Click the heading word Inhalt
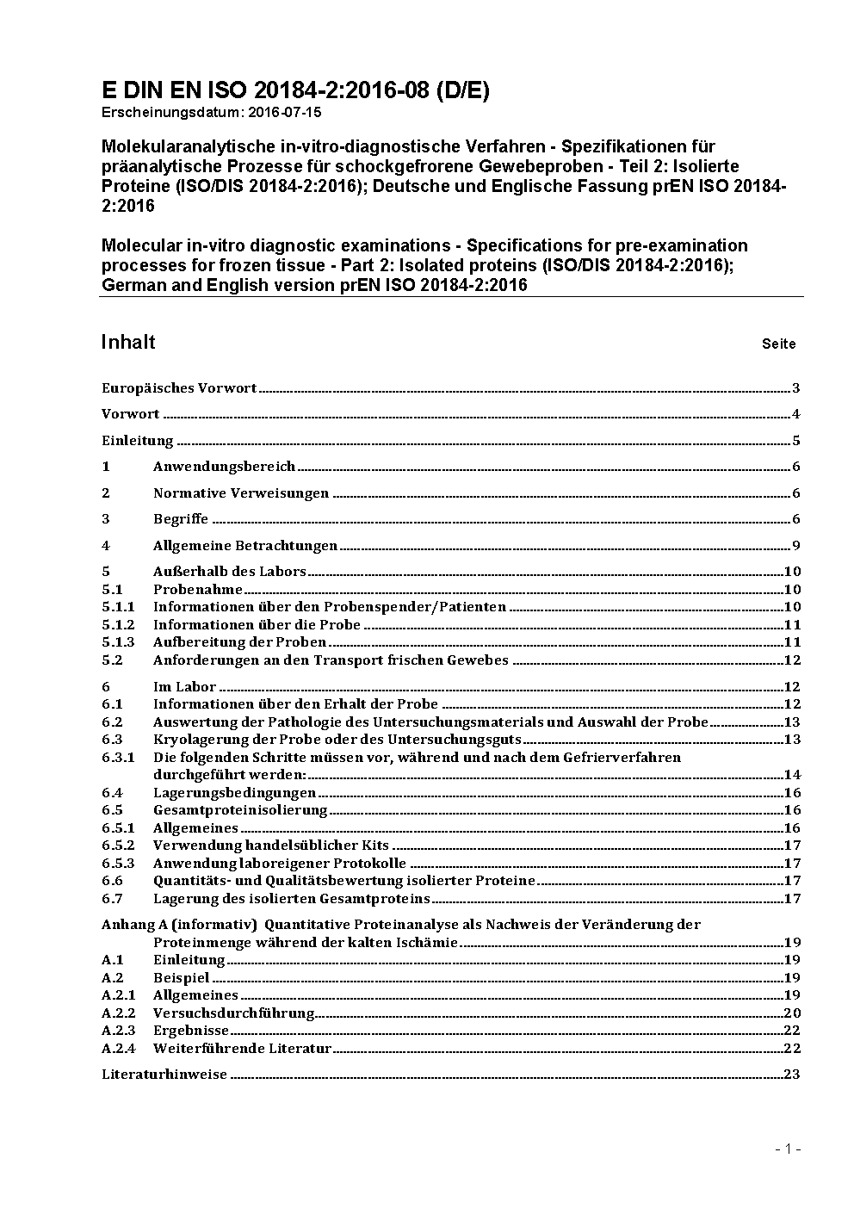click(128, 342)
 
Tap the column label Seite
click(778, 344)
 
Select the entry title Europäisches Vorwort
click(179, 388)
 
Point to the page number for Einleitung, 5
click(796, 441)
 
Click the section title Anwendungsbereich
click(224, 467)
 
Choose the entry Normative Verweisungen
click(241, 493)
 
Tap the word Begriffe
click(181, 519)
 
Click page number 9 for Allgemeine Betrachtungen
click(796, 546)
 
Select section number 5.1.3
click(118, 642)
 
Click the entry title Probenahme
click(198, 590)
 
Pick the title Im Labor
click(184, 687)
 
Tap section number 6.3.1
click(118, 758)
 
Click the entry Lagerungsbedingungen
click(234, 793)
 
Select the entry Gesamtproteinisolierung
click(240, 810)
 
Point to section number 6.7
click(112, 899)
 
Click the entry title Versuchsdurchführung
click(233, 1013)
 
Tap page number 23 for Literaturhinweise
click(792, 1075)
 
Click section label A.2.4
click(118, 1049)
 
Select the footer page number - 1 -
click(788, 1149)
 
